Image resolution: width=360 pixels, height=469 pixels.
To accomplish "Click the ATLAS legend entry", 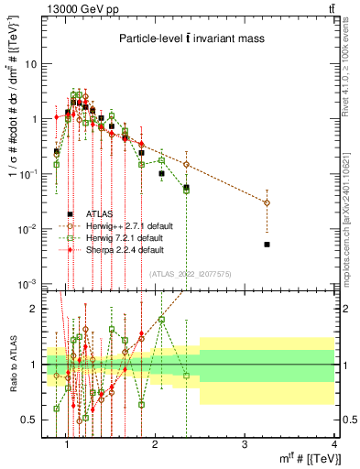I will click(101, 213).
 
